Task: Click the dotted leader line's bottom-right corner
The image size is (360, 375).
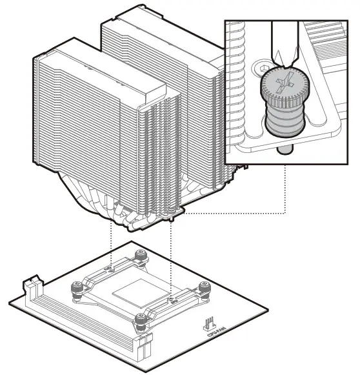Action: (x=284, y=212)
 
